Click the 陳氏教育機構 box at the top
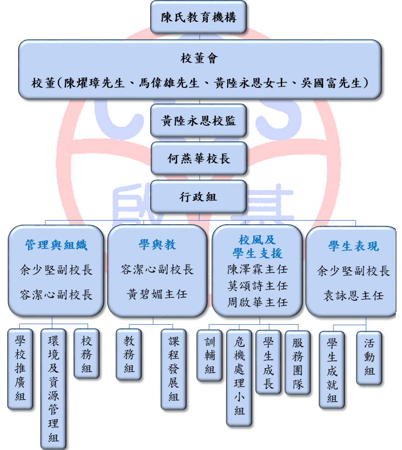[198, 17]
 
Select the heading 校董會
[199, 59]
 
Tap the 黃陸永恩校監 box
[198, 121]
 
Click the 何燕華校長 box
[199, 158]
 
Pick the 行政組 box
[198, 197]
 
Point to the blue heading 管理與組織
[56, 245]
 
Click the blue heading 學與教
[157, 244]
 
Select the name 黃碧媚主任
[157, 295]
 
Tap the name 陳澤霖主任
[257, 269]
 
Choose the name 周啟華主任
[257, 302]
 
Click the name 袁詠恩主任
[353, 296]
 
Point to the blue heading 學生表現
[354, 246]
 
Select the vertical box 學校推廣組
[20, 369]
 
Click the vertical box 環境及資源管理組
[53, 389]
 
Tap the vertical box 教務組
[128, 355]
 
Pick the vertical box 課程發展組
[174, 369]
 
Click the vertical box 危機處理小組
[239, 378]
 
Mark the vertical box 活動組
[369, 358]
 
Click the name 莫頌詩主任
[257, 286]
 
